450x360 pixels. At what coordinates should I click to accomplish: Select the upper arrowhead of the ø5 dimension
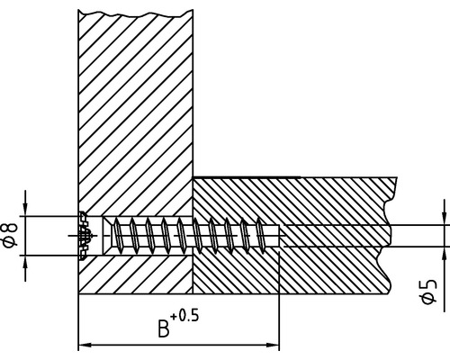tap(443, 219)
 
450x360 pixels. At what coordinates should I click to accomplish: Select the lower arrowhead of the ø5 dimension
tap(443, 252)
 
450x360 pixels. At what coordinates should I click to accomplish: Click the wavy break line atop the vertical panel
tap(135, 12)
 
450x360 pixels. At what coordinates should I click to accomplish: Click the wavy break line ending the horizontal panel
tap(391, 234)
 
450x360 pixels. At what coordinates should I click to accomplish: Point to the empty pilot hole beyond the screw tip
tap(333, 236)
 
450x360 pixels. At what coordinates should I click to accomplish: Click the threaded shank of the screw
tap(189, 236)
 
